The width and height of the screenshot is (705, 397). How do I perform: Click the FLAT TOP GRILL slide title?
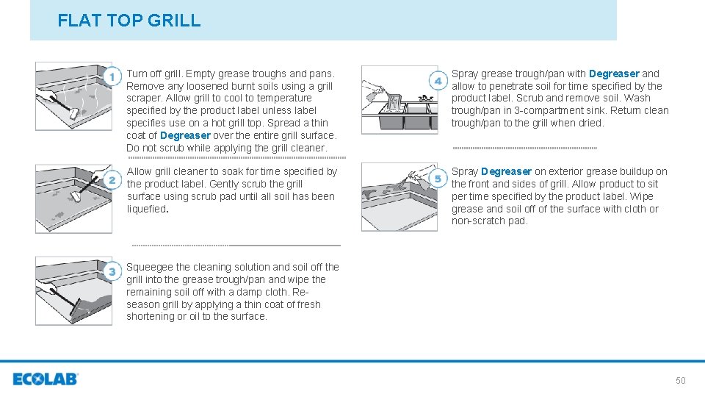(x=129, y=21)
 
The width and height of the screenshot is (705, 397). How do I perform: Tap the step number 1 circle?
(x=112, y=76)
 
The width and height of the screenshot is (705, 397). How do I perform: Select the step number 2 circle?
(x=112, y=180)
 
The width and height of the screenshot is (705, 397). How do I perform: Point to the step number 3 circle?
(x=112, y=272)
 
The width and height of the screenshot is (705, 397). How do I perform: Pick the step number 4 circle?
(x=438, y=81)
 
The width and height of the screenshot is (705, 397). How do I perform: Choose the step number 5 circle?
(x=438, y=178)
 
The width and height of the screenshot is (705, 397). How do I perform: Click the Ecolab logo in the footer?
(x=45, y=379)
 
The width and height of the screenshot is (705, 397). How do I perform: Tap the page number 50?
(x=680, y=380)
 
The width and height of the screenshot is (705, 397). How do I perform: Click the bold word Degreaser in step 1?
(x=185, y=135)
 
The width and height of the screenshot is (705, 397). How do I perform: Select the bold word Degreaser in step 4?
(x=614, y=74)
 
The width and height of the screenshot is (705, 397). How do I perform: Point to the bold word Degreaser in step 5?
(x=506, y=171)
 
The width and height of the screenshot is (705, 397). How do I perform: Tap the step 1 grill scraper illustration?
(x=73, y=96)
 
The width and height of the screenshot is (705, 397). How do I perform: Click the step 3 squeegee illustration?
(x=73, y=290)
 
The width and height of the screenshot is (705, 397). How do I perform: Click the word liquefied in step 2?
(x=147, y=209)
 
